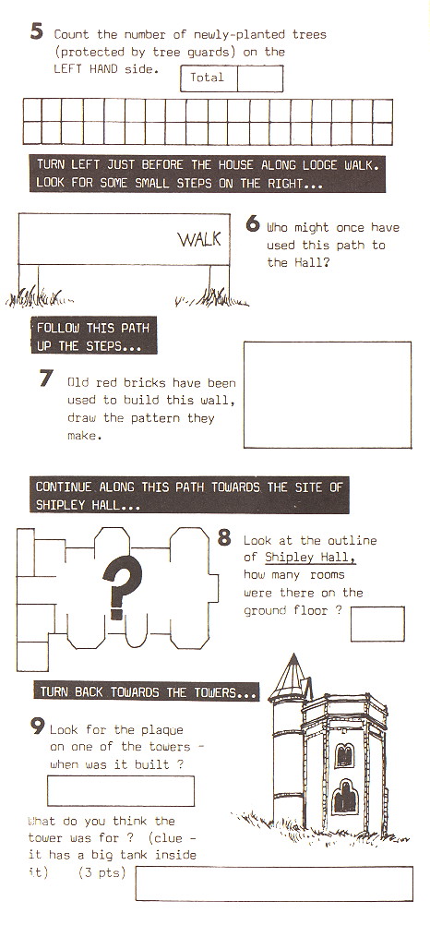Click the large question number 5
coord(36,31)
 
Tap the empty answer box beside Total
coord(259,78)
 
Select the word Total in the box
coord(208,78)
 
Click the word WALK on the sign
coord(199,239)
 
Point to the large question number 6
coord(253,223)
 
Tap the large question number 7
coord(46,378)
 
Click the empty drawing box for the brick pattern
coord(327,394)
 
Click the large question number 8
coord(224,537)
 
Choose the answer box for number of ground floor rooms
coord(376,623)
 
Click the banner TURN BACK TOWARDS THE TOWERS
coord(148,691)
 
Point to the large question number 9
coord(38,726)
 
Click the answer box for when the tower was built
coord(120,790)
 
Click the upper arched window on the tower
coord(343,753)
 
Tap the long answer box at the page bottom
coord(273,883)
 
